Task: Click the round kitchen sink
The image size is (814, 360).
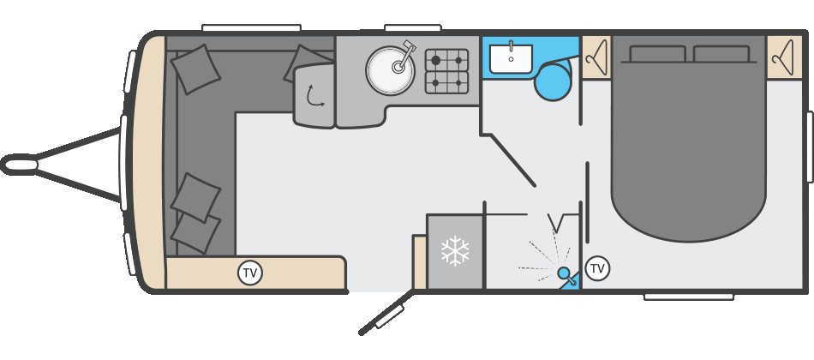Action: [391, 70]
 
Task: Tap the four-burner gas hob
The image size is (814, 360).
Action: [446, 71]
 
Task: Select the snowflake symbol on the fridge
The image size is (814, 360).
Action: [455, 251]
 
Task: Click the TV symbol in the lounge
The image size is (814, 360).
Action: [250, 273]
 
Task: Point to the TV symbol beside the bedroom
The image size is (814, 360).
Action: [597, 268]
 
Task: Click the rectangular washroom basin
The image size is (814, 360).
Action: [511, 58]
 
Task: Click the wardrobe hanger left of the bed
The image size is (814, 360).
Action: [596, 57]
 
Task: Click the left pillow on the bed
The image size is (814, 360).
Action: [657, 54]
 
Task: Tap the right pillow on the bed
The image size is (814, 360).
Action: [721, 54]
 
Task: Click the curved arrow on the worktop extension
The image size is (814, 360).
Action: [314, 96]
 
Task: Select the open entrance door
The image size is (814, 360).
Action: [386, 313]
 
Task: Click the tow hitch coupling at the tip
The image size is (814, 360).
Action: [19, 165]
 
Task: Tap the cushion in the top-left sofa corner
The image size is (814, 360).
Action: [195, 69]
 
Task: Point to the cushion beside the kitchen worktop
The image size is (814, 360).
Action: [303, 63]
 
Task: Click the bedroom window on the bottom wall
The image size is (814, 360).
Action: [688, 297]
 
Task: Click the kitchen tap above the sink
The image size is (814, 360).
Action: [405, 56]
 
